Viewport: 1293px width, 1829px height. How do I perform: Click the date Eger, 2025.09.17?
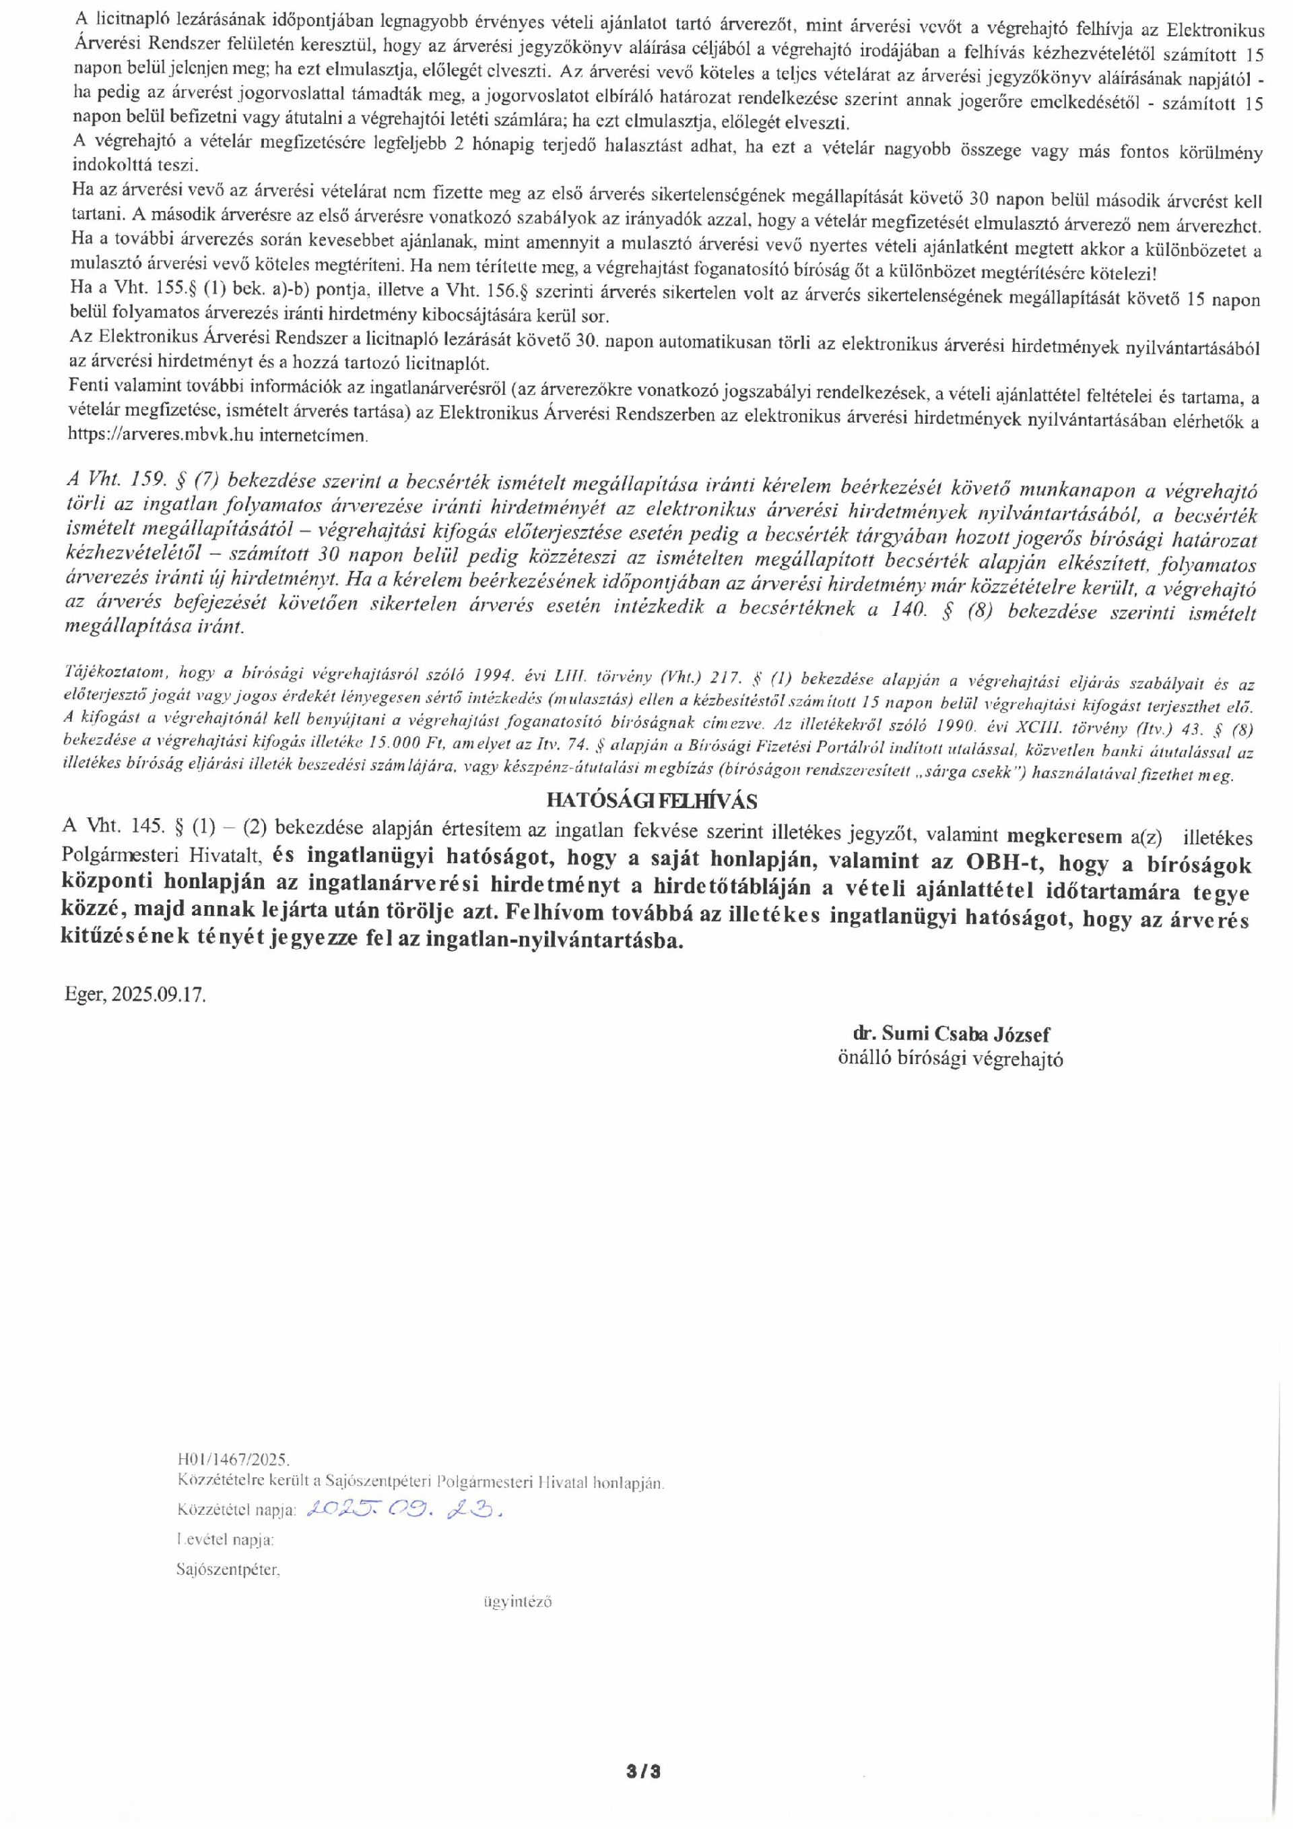(135, 996)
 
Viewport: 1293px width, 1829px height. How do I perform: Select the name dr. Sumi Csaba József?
(952, 1034)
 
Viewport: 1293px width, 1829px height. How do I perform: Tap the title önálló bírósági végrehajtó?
(950, 1059)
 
